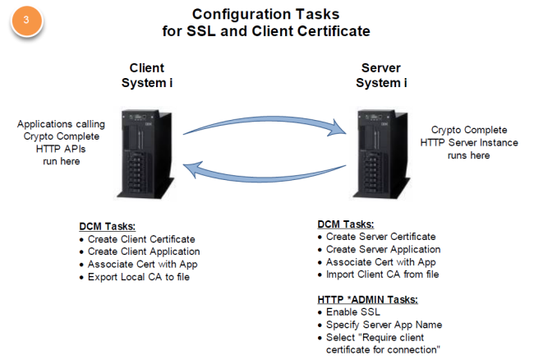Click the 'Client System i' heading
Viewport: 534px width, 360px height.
(147, 75)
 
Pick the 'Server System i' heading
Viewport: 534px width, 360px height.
(380, 75)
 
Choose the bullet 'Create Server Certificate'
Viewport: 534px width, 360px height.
(380, 237)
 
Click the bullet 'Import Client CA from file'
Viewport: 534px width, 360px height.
(381, 275)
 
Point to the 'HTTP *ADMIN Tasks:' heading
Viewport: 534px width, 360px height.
(367, 299)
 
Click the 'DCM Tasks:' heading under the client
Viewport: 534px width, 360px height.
(108, 225)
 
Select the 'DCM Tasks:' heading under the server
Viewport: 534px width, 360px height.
(346, 224)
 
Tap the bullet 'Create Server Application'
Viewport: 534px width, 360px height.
(383, 249)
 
